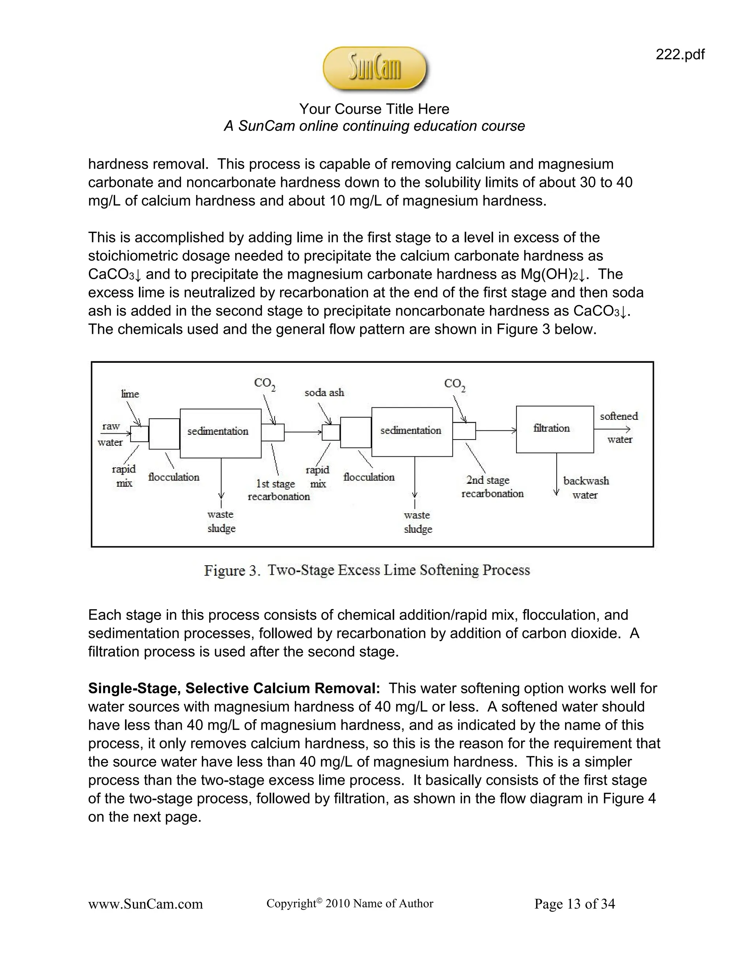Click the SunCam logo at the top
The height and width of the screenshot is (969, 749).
[x=375, y=69]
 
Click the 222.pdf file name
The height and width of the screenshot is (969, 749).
[x=680, y=54]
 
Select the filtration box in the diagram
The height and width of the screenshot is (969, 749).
[x=555, y=429]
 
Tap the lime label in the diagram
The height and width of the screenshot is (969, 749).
[x=130, y=393]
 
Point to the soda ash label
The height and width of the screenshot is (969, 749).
[x=324, y=392]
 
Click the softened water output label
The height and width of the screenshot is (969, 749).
[x=619, y=427]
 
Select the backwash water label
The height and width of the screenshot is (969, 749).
[x=586, y=487]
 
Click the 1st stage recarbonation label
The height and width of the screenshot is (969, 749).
[x=278, y=490]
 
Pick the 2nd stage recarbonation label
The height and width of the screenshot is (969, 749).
[x=492, y=487]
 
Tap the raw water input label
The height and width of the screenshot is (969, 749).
[x=110, y=434]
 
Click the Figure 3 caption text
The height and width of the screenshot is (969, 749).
[x=367, y=570]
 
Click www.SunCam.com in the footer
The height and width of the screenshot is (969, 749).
[x=145, y=904]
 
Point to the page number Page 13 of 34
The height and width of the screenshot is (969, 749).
[x=574, y=904]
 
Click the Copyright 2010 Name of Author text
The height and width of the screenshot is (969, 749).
[x=350, y=903]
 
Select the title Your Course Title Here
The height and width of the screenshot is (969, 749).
[x=374, y=109]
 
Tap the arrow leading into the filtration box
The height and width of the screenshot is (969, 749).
[x=496, y=430]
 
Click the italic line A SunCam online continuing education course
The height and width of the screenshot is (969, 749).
[x=374, y=126]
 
